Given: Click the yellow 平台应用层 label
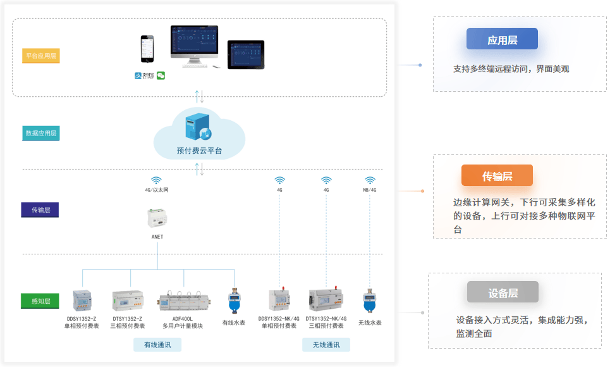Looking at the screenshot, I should click(41, 56).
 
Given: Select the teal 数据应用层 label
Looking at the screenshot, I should click(41, 134).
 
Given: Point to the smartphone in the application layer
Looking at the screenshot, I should click(147, 49).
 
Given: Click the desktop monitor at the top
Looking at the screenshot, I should click(194, 44).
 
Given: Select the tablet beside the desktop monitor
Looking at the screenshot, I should click(246, 54).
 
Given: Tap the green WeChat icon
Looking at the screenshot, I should click(161, 75).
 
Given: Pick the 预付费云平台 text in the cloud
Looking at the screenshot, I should click(199, 151).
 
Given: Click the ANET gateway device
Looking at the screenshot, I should click(157, 219).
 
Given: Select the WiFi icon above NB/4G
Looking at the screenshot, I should click(370, 180).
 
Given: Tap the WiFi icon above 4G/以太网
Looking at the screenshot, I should click(157, 180).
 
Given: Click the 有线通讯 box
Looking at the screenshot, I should click(157, 345).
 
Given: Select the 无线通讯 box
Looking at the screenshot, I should click(326, 345).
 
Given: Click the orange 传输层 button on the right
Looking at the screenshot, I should click(497, 176).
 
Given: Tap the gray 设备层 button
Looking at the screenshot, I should click(503, 292).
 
